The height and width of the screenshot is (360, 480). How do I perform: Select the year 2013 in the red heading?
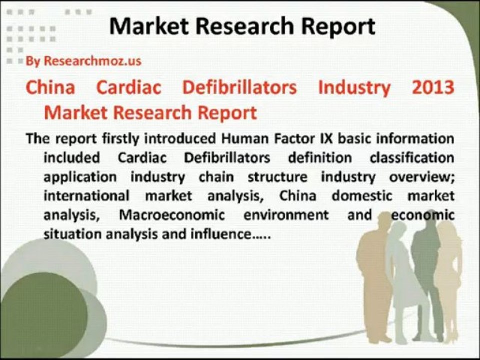point(433,87)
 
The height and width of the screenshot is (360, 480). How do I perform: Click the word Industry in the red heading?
point(354,87)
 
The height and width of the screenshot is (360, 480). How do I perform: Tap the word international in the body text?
point(86,195)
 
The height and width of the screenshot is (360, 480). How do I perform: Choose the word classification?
point(412,158)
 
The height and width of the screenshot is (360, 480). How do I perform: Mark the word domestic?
point(362,195)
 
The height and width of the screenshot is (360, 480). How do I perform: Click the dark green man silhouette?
point(426,280)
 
